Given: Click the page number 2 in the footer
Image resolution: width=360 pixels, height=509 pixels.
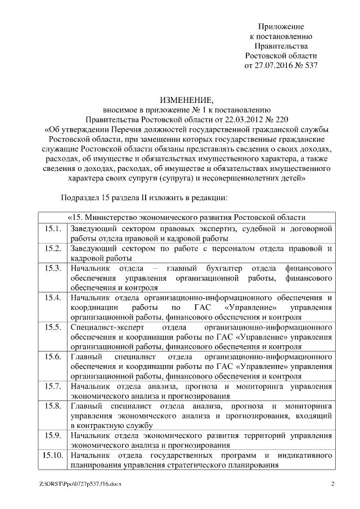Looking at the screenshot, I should click(x=332, y=484).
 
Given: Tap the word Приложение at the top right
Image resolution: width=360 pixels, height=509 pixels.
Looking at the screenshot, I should click(x=281, y=27).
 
